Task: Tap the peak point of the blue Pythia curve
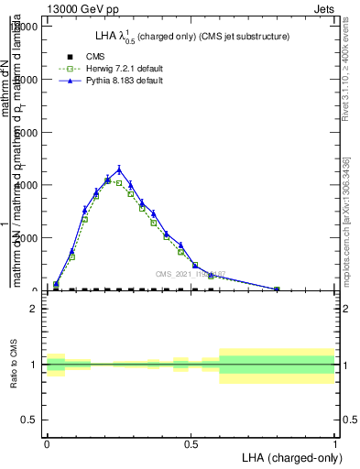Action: (x=119, y=169)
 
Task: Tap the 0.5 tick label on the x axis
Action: (x=191, y=443)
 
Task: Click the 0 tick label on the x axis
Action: (x=47, y=443)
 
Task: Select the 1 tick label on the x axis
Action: (x=334, y=443)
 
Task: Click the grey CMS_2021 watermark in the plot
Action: (x=191, y=274)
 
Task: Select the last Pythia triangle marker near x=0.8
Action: (x=277, y=289)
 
